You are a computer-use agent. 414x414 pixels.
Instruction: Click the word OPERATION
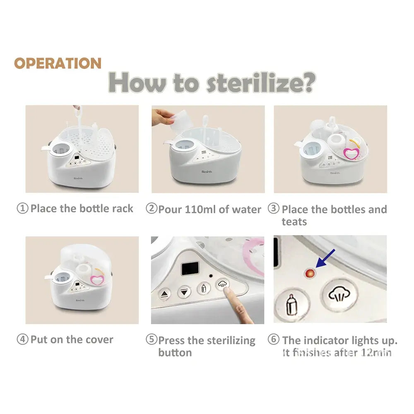coord(58,63)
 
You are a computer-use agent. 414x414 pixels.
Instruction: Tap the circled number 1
coord(22,208)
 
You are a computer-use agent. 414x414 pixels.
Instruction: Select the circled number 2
coord(151,208)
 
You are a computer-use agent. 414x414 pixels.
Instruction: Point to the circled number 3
coord(274,208)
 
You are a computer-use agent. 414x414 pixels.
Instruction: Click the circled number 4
coord(22,339)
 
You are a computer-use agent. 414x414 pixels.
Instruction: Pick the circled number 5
coord(151,339)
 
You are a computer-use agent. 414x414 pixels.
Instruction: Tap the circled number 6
coord(274,339)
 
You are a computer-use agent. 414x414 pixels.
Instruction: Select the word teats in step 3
coord(294,222)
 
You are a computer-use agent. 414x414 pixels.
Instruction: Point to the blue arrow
coord(325,258)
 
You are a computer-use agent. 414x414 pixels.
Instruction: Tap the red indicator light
coord(310,273)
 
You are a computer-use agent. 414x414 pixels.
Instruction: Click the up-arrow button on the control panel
coord(164,294)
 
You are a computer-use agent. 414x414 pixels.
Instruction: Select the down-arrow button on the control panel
coord(184,292)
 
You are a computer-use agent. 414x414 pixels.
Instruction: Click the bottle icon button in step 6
coord(292,305)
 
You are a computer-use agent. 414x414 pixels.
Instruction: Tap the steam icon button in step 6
coord(339,295)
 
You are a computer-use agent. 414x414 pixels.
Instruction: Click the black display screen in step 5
coord(190,268)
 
